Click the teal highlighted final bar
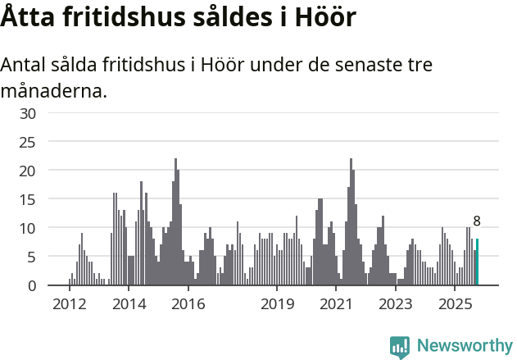pos(477,262)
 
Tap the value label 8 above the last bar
pos(477,221)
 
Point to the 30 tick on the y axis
pos(28,113)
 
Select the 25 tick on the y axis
pos(28,142)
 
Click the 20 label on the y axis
pos(28,171)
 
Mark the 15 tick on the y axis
pos(28,199)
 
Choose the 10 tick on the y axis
pos(28,228)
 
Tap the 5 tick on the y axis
pos(32,257)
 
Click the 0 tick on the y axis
pos(32,285)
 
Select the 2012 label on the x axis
pos(69,304)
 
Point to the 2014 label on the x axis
pos(129,304)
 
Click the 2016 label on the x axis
pos(188,304)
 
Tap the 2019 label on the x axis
pos(277,304)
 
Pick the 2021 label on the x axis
pos(336,304)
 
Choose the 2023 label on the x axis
pos(396,304)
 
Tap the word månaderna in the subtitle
pos(53,90)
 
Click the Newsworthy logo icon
pos(400,347)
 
